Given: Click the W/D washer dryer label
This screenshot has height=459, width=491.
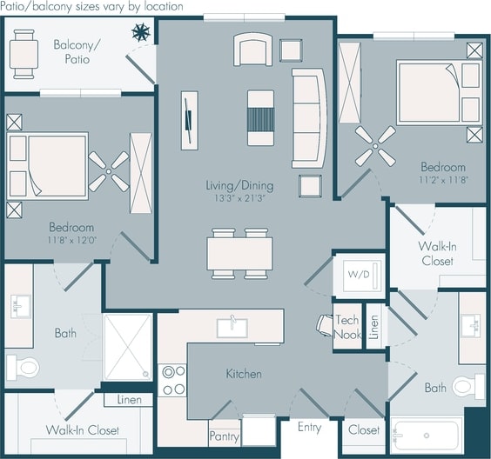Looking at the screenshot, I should click(x=358, y=276).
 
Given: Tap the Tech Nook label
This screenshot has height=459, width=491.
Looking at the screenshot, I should click(x=347, y=327).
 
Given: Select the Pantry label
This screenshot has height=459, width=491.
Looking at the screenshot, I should click(x=224, y=436).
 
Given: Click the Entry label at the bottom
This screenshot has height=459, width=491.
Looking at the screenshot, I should click(x=309, y=427).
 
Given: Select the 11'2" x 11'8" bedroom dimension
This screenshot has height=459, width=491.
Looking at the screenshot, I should click(x=443, y=180).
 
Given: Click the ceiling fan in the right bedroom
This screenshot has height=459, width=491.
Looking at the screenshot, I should click(x=376, y=143).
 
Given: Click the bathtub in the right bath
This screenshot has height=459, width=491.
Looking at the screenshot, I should click(x=426, y=436).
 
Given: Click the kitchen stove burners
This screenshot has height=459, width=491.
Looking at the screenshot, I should click(x=174, y=380).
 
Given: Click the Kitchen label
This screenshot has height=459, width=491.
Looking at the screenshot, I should click(x=244, y=374).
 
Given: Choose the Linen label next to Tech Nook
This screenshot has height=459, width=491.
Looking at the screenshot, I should click(x=373, y=326).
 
